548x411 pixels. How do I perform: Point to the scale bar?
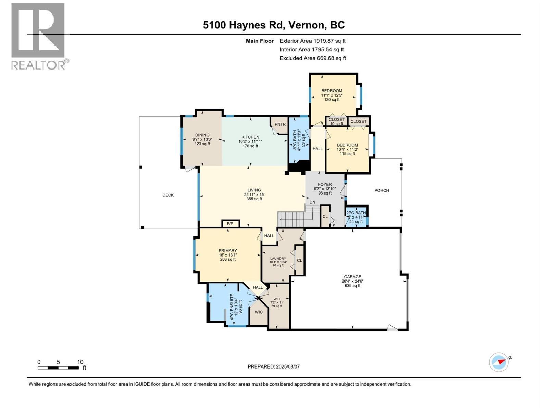59,368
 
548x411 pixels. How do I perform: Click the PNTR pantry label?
280,124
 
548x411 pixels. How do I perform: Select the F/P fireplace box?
230,224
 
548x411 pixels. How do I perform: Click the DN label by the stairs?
312,202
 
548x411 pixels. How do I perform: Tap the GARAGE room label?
352,277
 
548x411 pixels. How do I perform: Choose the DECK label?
168,195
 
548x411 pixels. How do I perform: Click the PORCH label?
382,191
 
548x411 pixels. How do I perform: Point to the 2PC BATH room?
356,216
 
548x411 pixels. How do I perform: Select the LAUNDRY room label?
278,259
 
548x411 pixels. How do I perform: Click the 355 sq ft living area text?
254,199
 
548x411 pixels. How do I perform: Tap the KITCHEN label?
250,137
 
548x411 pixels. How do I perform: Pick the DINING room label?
202,135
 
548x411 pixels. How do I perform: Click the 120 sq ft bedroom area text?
332,100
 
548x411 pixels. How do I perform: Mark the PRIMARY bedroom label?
227,251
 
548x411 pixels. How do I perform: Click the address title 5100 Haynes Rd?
244,25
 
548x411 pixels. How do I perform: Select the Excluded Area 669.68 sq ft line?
313,58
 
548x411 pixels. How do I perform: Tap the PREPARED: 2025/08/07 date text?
274,366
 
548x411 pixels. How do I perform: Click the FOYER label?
325,184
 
